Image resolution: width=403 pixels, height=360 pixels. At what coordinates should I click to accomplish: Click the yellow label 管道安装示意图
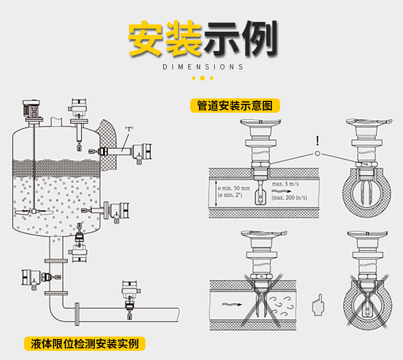(x=235, y=106)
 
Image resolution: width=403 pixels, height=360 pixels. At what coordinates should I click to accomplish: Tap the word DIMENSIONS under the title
(x=203, y=67)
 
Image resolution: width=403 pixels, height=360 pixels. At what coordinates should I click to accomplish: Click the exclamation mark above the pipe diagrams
(x=317, y=140)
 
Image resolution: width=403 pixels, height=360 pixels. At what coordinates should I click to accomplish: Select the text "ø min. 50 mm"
(x=233, y=189)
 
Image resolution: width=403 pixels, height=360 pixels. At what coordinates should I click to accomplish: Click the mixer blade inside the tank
(x=31, y=211)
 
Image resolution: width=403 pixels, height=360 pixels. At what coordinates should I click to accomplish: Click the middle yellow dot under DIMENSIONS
(x=203, y=78)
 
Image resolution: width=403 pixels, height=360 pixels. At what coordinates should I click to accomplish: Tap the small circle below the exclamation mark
(x=317, y=153)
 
